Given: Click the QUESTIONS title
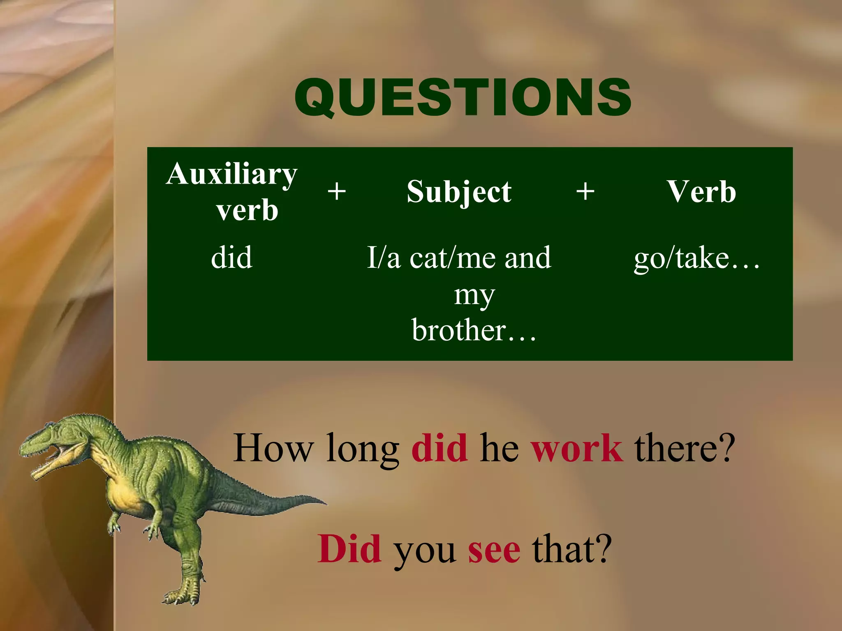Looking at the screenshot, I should tap(463, 97).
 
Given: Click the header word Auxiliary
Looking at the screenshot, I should tap(231, 174).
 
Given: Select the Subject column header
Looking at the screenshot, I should tap(459, 192).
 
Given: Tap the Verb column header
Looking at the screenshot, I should tap(701, 192).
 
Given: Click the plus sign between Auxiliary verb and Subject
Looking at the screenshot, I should tap(337, 191).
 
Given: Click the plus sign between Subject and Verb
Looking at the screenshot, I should tap(585, 191).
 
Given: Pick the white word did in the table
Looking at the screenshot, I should tap(231, 258).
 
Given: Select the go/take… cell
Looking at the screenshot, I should tap(696, 259).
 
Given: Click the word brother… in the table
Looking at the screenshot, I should tap(474, 330).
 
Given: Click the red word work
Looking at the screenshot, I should tap(576, 448).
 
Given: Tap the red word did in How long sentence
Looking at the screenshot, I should tap(440, 448).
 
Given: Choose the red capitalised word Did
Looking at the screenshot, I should tap(349, 549).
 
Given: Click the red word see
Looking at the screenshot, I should tap(494, 550).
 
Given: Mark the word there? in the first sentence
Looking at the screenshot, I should tap(684, 448).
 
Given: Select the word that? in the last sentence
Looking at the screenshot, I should tap(572, 549).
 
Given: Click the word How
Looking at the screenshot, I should tap(273, 448).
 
